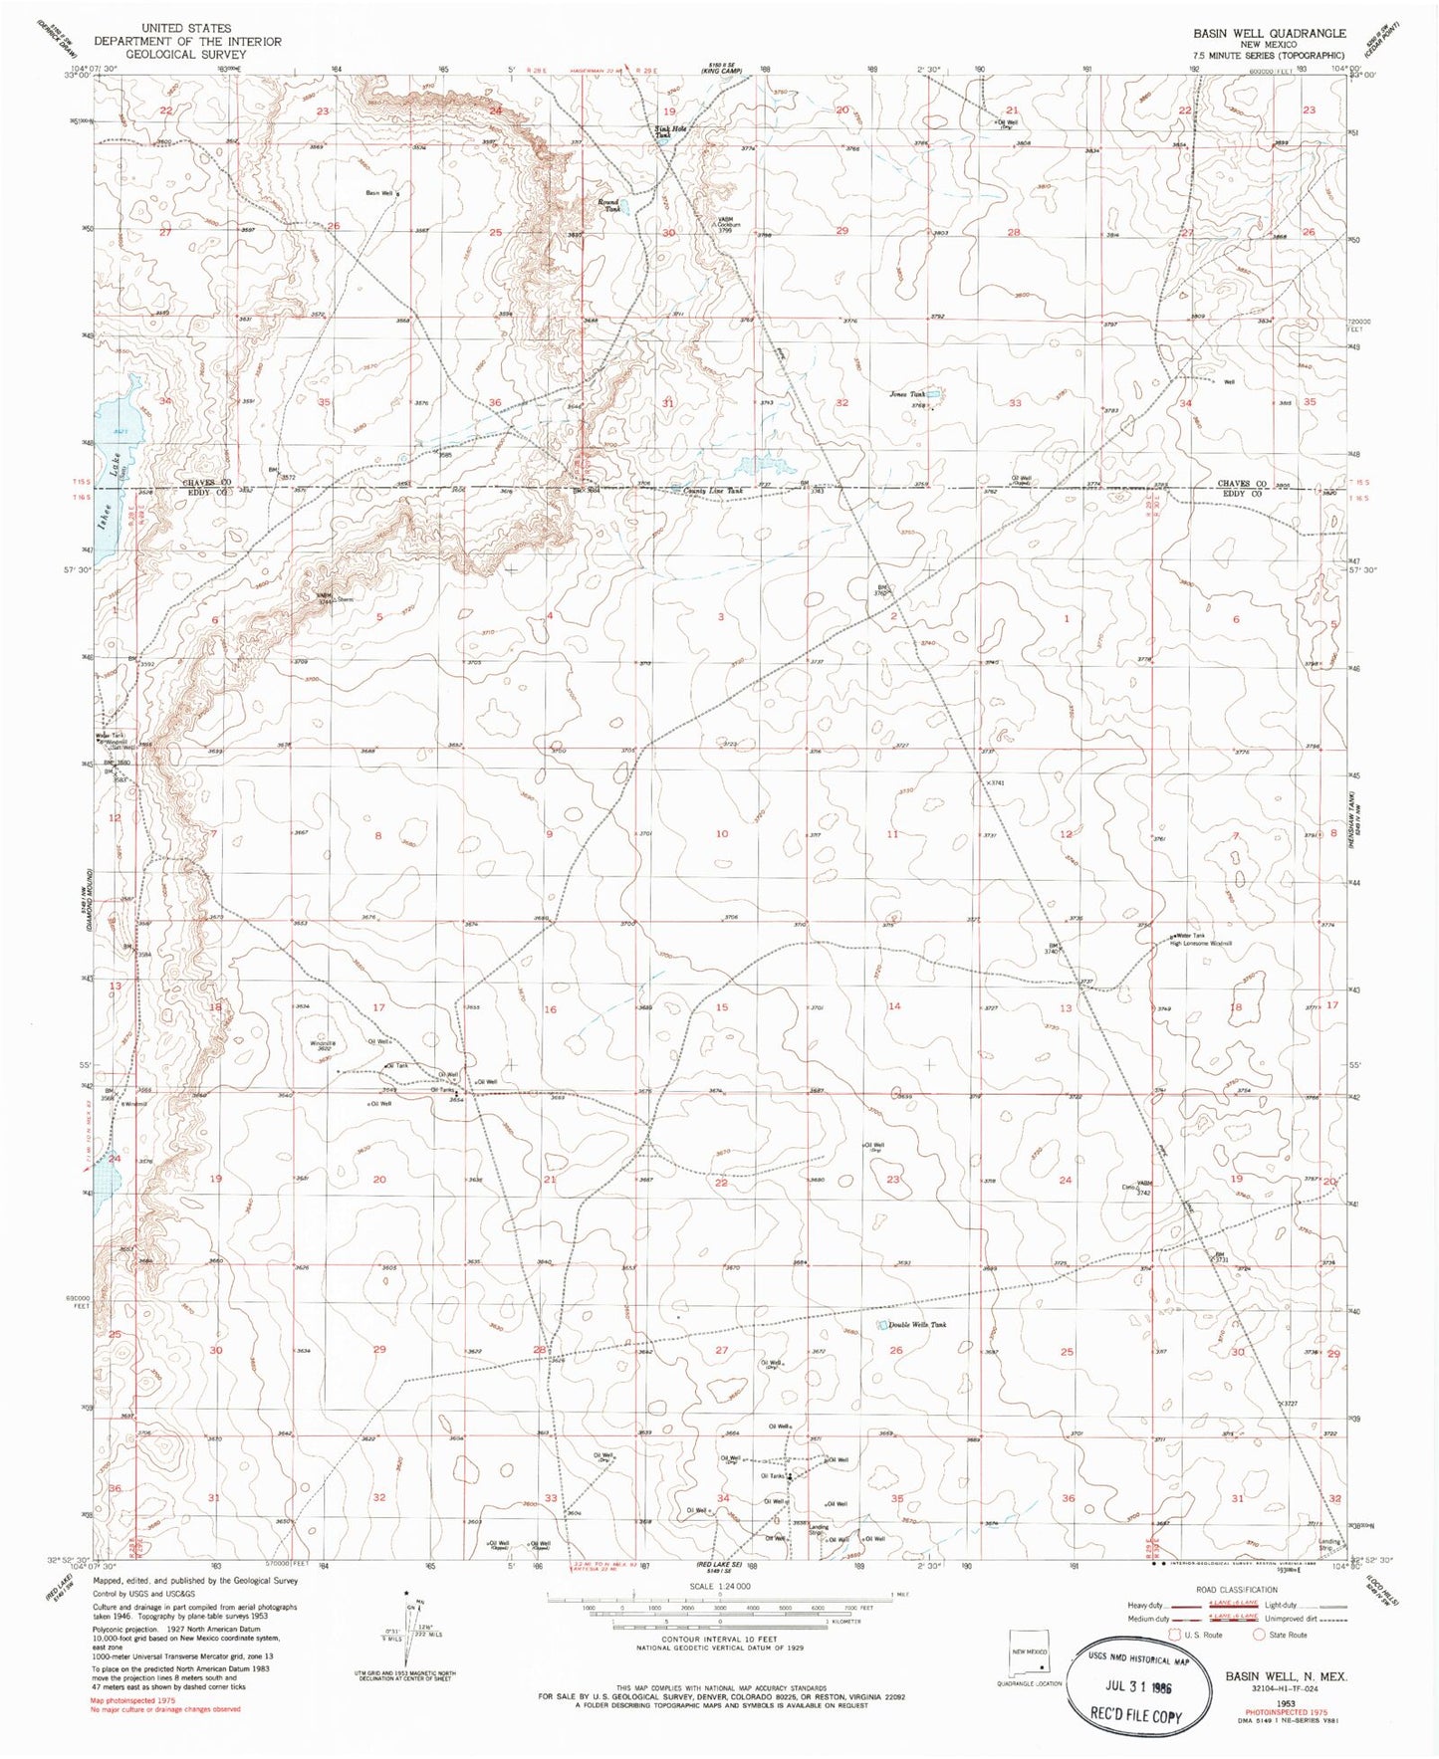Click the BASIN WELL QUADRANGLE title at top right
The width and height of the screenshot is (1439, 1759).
[x=1270, y=33]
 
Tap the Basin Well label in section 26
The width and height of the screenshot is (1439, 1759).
[x=380, y=192]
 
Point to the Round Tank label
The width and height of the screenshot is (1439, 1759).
[x=608, y=205]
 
